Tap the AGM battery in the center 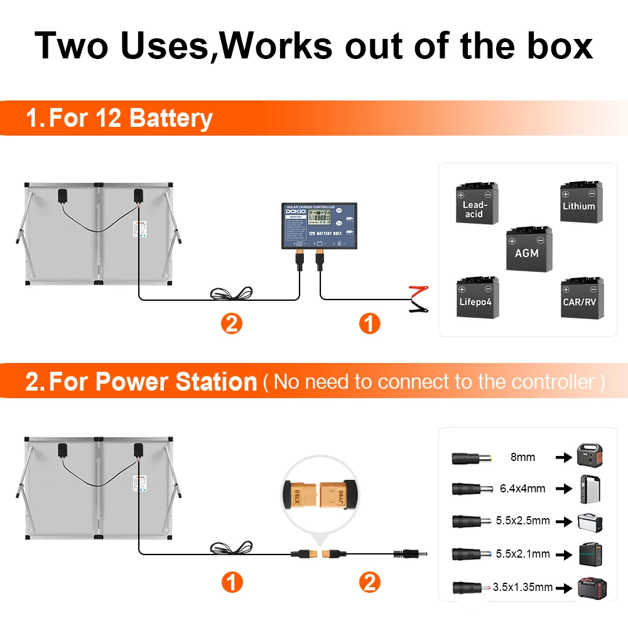(529, 249)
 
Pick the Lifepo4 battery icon (477, 297)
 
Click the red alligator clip (417, 290)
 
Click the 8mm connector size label (522, 457)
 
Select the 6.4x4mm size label (522, 488)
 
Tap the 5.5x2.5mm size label (522, 521)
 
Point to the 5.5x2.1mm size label (522, 553)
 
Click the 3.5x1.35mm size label (522, 587)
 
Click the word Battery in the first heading (171, 118)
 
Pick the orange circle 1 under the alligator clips (369, 324)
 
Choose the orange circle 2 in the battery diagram (232, 324)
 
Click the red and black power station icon (593, 588)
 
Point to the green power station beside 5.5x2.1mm (593, 553)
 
